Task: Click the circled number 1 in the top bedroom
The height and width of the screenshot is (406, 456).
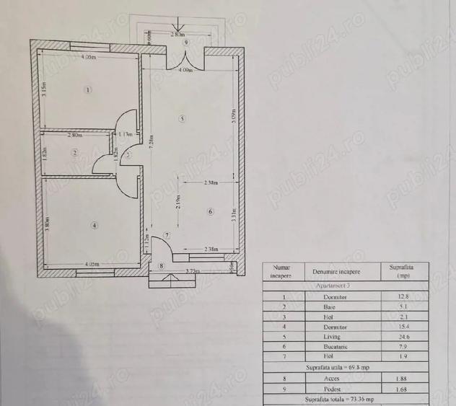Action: [88, 90]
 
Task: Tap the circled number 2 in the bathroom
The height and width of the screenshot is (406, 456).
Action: [74, 152]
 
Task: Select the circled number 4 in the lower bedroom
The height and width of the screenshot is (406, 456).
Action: [95, 225]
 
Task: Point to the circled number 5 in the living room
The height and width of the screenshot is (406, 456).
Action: [182, 118]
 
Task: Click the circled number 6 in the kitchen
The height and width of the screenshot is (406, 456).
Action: [210, 211]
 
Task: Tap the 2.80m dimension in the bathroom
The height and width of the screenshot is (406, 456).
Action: [75, 135]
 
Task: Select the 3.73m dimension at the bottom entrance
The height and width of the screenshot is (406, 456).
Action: [192, 271]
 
